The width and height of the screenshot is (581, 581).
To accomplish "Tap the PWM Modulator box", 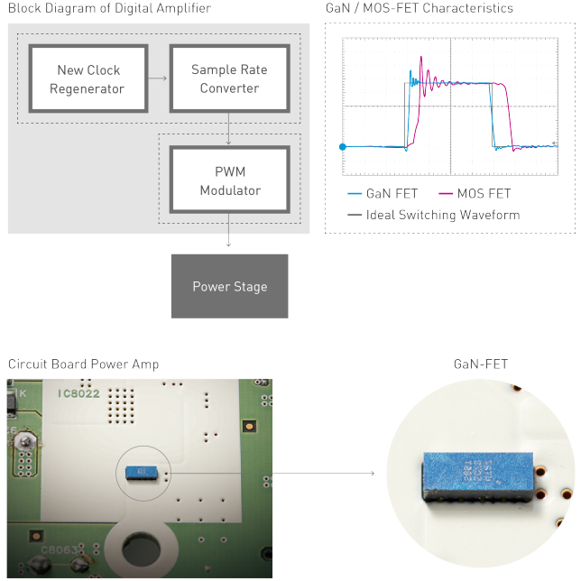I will point(230,180).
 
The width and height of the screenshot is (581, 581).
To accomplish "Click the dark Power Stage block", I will point(229,286).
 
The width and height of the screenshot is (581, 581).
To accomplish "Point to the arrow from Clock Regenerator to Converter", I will point(158,78).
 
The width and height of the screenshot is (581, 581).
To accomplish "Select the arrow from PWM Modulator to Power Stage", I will point(230,233).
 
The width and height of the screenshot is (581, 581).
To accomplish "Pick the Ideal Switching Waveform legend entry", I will point(433,215).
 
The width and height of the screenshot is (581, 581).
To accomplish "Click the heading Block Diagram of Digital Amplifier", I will point(109,8).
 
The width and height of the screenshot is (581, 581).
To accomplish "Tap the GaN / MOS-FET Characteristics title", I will point(419,8).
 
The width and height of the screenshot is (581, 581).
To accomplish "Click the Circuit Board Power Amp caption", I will point(83,364).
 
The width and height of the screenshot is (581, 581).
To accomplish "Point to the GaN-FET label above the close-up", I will point(482,364).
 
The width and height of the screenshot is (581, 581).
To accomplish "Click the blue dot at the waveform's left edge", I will point(342,146).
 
